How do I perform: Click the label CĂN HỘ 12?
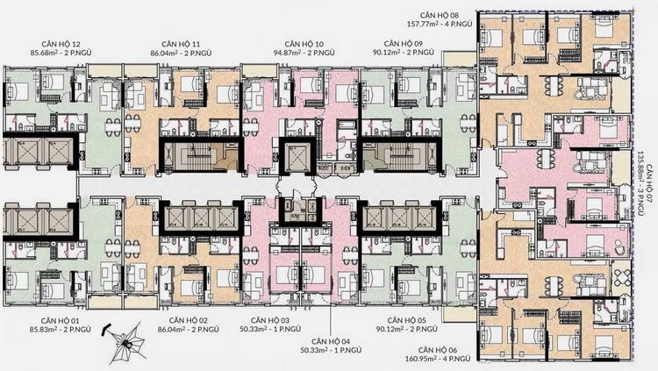[61, 44]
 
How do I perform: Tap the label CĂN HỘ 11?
[181, 44]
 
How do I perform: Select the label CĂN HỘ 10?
[304, 44]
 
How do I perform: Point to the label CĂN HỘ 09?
[404, 44]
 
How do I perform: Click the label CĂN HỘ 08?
[440, 16]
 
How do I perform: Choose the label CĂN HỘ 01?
[60, 321]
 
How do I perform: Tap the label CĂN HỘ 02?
[189, 321]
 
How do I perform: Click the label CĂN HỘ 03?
[270, 321]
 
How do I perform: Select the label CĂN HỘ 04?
[331, 342]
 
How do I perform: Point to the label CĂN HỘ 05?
[407, 321]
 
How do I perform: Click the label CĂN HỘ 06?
[438, 350]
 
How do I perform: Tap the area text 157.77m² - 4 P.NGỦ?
[440, 24]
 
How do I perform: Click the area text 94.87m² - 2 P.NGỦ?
[304, 53]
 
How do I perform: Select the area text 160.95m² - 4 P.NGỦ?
[438, 359]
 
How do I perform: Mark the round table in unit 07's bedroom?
[619, 247]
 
